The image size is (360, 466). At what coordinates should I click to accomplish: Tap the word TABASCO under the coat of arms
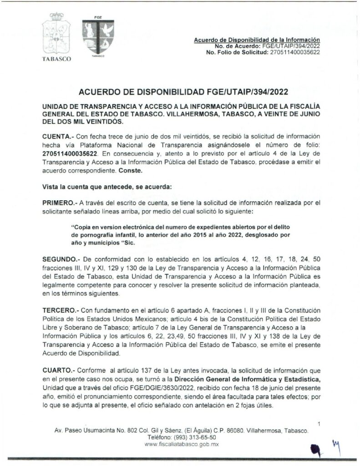coord(56,60)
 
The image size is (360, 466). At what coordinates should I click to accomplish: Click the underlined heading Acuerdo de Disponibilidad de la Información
coord(257,40)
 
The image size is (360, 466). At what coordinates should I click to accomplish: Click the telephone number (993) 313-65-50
coord(190,436)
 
